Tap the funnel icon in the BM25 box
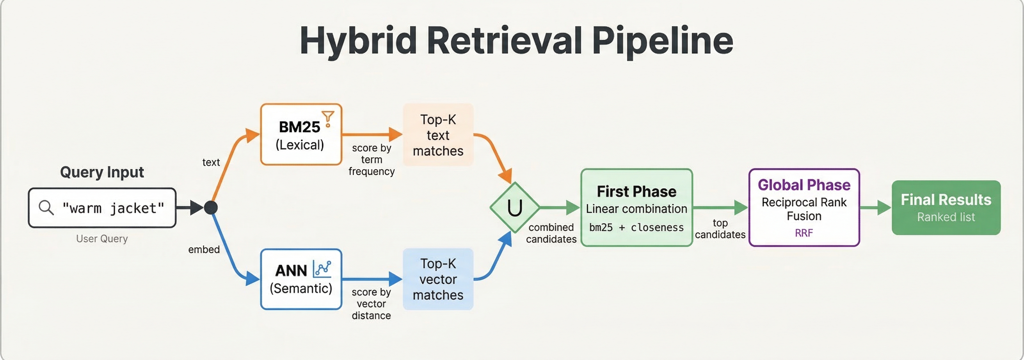328,118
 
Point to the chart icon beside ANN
322,269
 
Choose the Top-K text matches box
438,135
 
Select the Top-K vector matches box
438,279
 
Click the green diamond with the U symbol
514,208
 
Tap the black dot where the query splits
211,208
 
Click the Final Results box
946,208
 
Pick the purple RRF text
804,233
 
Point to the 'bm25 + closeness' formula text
636,228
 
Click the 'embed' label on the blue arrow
204,250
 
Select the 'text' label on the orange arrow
211,162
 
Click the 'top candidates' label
720,229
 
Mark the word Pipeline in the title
662,41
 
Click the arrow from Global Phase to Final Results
875,208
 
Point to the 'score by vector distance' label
371,304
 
